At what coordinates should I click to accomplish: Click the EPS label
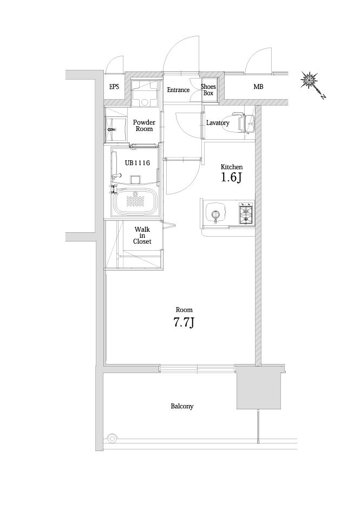114,87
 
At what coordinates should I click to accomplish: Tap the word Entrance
178,90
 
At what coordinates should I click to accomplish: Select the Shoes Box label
208,90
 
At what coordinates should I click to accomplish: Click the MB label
258,87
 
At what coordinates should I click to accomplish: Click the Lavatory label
218,123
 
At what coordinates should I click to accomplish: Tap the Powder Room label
144,126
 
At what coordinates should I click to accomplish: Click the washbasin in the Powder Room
112,126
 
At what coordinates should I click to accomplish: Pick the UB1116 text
137,162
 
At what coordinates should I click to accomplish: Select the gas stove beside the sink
245,213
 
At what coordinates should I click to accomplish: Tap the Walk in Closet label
143,236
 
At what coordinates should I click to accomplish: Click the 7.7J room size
184,323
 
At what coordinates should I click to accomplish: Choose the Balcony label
182,406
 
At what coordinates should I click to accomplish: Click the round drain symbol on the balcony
112,438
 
